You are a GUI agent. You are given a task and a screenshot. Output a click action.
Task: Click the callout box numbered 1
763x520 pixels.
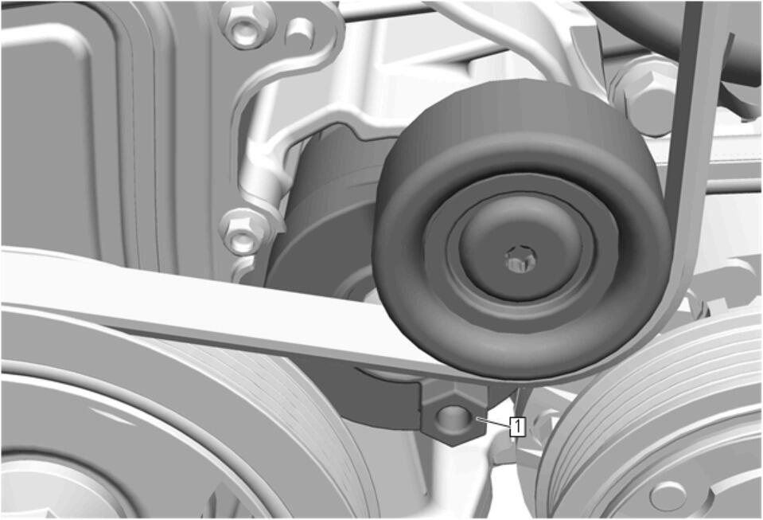(518, 427)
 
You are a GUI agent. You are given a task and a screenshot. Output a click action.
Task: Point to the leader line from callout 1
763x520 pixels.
(493, 422)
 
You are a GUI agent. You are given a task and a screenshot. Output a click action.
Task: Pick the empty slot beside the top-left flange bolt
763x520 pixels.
(298, 30)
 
